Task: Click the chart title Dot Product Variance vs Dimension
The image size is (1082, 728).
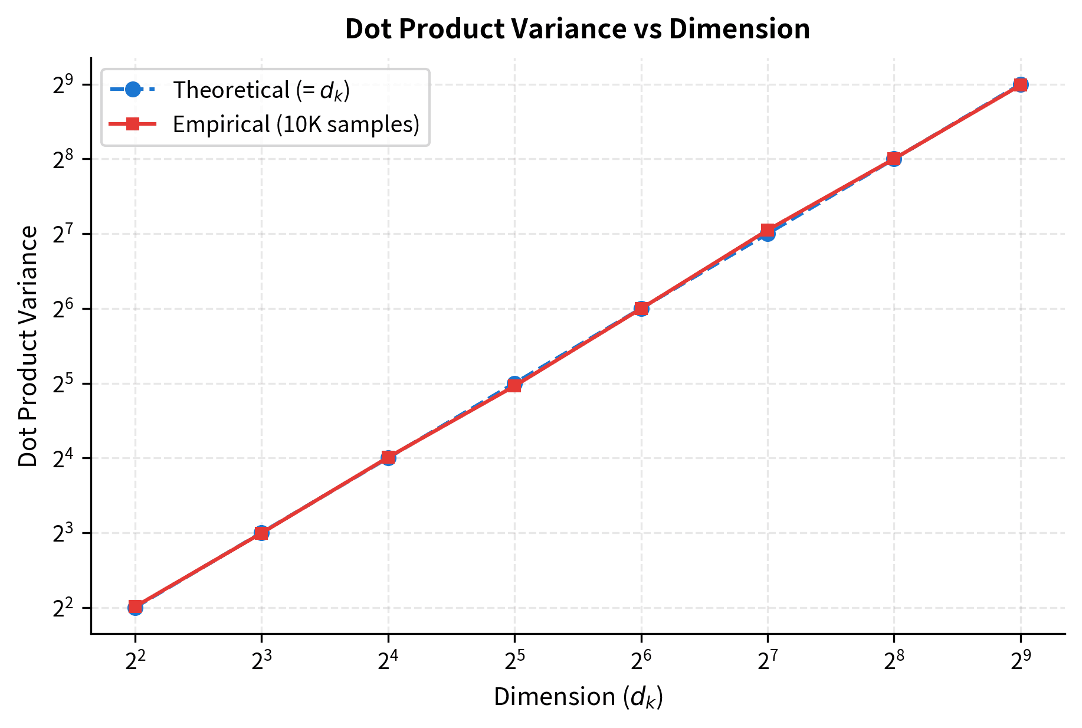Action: [x=577, y=29]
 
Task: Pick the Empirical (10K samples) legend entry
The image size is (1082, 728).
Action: [x=296, y=124]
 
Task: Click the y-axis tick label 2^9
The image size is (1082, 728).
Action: [x=62, y=84]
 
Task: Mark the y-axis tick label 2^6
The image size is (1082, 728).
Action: [x=62, y=309]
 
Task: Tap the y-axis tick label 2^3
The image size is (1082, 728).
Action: [x=62, y=533]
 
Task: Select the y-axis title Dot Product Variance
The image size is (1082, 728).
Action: [x=28, y=346]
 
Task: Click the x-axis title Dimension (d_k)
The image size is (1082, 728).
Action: [x=578, y=697]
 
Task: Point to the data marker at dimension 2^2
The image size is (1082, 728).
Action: [x=135, y=607]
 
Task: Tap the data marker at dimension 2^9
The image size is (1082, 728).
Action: [x=1020, y=84]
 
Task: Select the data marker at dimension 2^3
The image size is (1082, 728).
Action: [x=261, y=533]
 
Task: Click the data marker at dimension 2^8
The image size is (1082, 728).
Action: [x=894, y=159]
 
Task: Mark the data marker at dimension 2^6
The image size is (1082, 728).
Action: [x=641, y=309]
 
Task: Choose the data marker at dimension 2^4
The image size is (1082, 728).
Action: [x=388, y=457]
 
